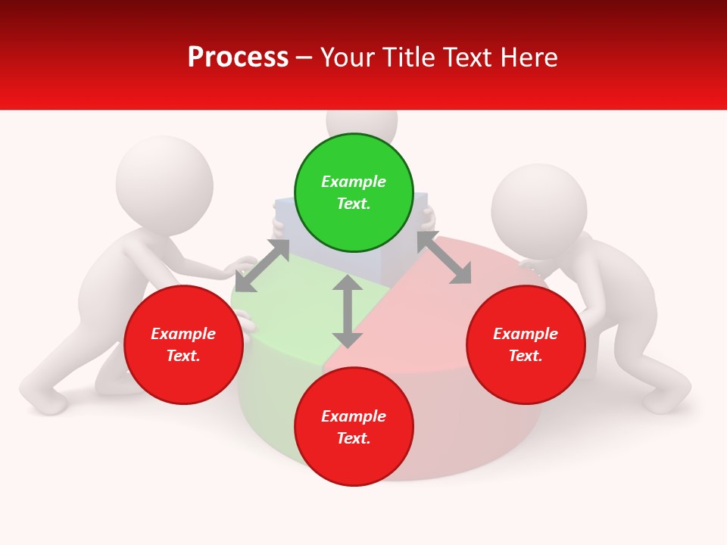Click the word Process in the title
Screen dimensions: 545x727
pyautogui.click(x=238, y=57)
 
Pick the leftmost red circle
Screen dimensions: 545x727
pyautogui.click(x=183, y=344)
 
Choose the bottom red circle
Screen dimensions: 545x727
pyautogui.click(x=354, y=427)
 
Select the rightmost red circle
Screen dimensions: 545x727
pyautogui.click(x=526, y=344)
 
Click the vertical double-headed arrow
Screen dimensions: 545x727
pyautogui.click(x=348, y=311)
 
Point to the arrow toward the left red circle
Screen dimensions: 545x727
pyautogui.click(x=262, y=266)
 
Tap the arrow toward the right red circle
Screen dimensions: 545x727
pyautogui.click(x=444, y=258)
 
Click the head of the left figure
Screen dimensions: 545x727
pyautogui.click(x=164, y=184)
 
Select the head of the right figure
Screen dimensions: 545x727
pyautogui.click(x=539, y=210)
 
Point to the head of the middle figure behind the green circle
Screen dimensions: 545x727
pyautogui.click(x=362, y=121)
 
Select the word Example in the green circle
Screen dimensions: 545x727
pyautogui.click(x=354, y=182)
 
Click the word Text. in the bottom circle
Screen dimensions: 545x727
pyautogui.click(x=354, y=438)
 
